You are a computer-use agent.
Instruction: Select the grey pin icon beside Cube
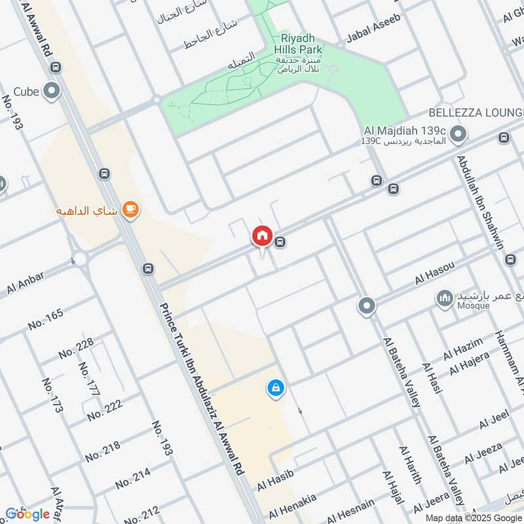pyautogui.click(x=51, y=92)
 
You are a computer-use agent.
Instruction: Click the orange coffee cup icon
pyautogui.click(x=131, y=209)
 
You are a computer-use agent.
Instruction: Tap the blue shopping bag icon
pyautogui.click(x=276, y=388)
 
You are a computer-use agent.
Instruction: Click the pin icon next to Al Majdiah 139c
pyautogui.click(x=458, y=134)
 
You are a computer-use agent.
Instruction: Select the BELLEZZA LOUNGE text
pyautogui.click(x=476, y=113)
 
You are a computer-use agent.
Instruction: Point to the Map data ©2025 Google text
pyautogui.click(x=472, y=518)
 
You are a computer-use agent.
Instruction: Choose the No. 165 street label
pyautogui.click(x=46, y=320)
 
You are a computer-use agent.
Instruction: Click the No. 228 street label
pyautogui.click(x=76, y=348)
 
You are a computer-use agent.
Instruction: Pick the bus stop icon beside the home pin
pyautogui.click(x=280, y=242)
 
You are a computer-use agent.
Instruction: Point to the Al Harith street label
pyautogui.click(x=410, y=464)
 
